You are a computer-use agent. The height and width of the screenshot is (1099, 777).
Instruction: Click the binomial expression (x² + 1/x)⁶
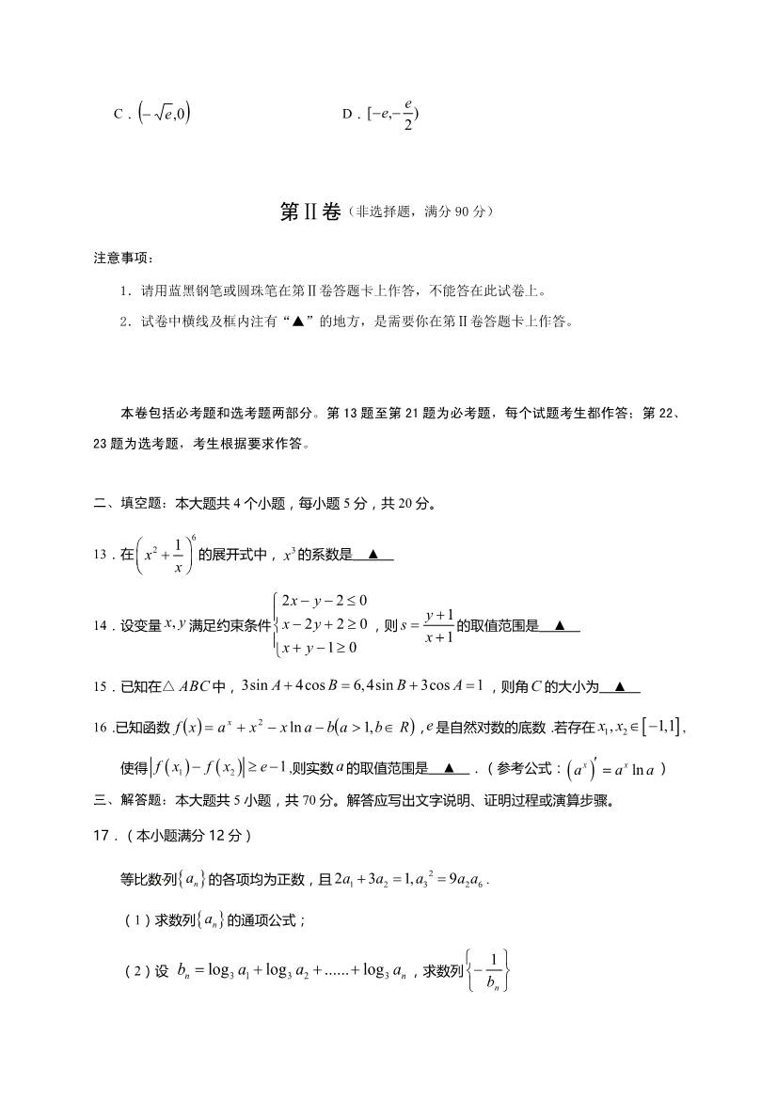[166, 555]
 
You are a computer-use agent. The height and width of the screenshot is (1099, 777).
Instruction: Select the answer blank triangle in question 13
[373, 554]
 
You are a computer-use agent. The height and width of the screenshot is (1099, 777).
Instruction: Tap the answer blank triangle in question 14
[560, 624]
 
